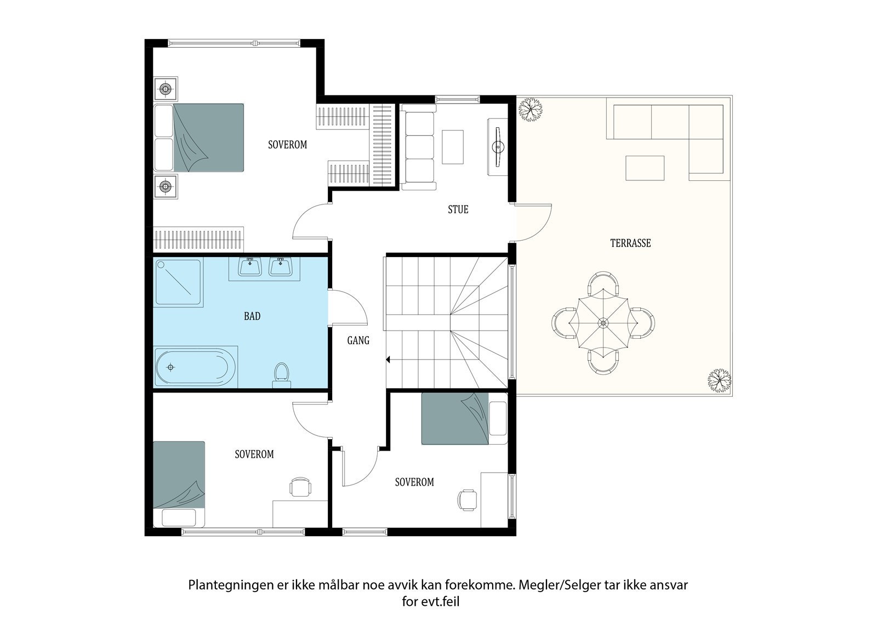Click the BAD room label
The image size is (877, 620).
click(x=252, y=316)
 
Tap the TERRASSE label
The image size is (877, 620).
click(x=630, y=243)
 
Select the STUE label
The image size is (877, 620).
click(x=458, y=209)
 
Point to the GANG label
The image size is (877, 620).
click(x=358, y=341)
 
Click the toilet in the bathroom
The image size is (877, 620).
click(x=282, y=375)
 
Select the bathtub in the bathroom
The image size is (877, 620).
click(x=195, y=367)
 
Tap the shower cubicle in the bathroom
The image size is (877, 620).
click(x=179, y=282)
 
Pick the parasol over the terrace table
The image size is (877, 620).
click(x=603, y=323)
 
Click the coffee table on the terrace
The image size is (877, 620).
click(x=645, y=168)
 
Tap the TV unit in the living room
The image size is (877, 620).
click(x=498, y=147)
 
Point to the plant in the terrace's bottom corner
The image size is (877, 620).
click(x=719, y=380)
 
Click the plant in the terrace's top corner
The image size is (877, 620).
click(x=531, y=110)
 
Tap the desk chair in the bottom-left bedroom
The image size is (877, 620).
click(x=300, y=487)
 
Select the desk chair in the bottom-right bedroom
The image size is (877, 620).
click(x=467, y=500)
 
